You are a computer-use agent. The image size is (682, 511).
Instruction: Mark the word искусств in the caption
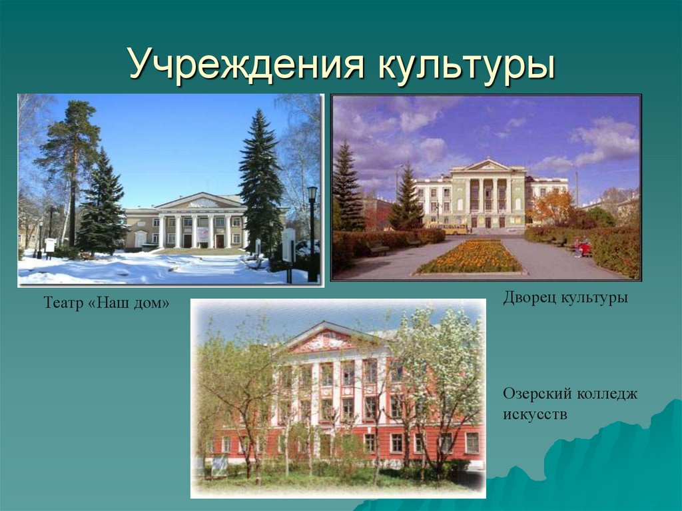pyautogui.click(x=535, y=414)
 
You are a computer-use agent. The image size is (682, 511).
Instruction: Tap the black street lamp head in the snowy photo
pyautogui.click(x=312, y=193)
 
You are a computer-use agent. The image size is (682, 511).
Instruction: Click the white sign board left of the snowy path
pyautogui.click(x=50, y=245)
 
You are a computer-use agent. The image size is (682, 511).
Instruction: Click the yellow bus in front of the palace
pyautogui.click(x=456, y=230)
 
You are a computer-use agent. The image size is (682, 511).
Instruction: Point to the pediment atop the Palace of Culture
pyautogui.click(x=488, y=166)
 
